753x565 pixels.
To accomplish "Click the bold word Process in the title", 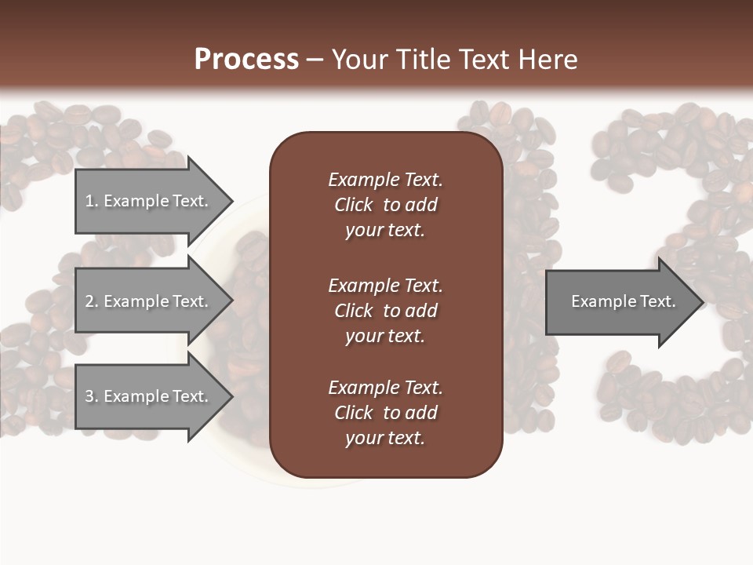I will pyautogui.click(x=246, y=60).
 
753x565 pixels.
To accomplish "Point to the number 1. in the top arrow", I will pyautogui.click(x=92, y=201).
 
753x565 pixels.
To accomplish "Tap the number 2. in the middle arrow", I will pyautogui.click(x=92, y=301).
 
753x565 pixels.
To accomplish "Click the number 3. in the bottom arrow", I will pyautogui.click(x=92, y=396).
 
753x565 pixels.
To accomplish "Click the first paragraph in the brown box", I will pyautogui.click(x=385, y=205).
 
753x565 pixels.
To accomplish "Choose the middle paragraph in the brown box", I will pyautogui.click(x=385, y=310).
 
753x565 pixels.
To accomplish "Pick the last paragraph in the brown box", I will pyautogui.click(x=385, y=413).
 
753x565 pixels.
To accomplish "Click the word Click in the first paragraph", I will pyautogui.click(x=353, y=205).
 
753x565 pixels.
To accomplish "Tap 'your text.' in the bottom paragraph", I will pyautogui.click(x=385, y=438).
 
